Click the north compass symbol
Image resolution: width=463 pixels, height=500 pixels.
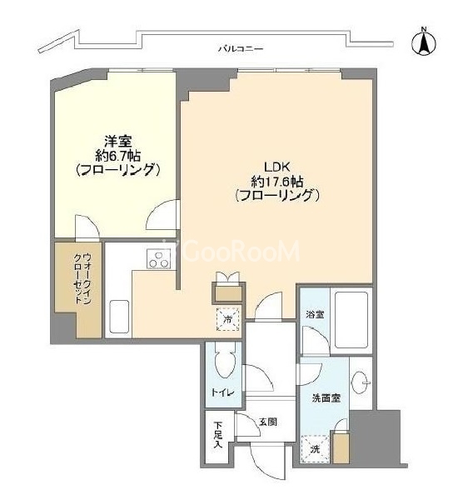(424, 42)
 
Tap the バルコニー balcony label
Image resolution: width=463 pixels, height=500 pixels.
(241, 49)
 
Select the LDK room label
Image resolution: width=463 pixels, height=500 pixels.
(276, 167)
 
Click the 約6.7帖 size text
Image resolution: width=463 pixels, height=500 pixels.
(118, 156)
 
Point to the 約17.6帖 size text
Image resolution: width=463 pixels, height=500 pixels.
(276, 182)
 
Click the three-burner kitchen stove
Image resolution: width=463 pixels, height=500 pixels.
(158, 259)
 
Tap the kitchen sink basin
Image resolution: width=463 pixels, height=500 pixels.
(119, 316)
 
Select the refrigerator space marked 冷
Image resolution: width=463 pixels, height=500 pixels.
(227, 319)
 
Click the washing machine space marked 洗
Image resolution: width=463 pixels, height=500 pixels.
(315, 449)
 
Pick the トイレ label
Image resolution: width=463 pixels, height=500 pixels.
(223, 392)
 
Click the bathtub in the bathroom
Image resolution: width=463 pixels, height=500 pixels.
(351, 320)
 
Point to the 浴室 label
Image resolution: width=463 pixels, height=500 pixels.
(315, 315)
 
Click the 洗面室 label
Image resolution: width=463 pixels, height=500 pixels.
(326, 398)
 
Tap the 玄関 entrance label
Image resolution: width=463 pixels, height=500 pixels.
(267, 422)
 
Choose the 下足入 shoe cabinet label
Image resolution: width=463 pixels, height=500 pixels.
(217, 435)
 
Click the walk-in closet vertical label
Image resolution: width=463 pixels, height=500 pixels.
(82, 278)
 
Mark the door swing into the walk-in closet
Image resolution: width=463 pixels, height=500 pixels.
(87, 227)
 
